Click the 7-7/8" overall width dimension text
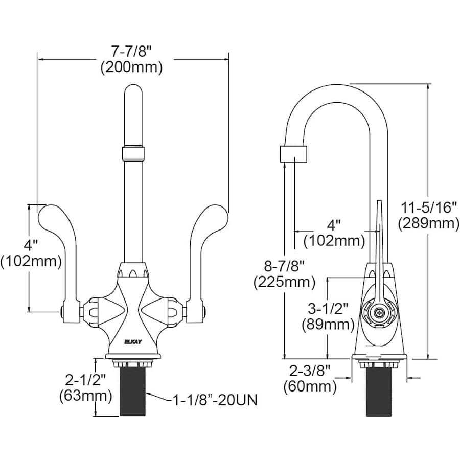pos(132,51)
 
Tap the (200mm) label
pos(132,67)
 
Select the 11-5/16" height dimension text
pos(428,207)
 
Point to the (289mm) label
pos(428,223)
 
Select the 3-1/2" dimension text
pos(327,308)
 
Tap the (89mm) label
pos(327,324)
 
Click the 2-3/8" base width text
pos(310,370)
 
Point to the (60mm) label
pos(310,386)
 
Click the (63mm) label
pos(85,395)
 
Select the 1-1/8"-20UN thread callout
pos(215,400)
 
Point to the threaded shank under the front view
pos(132,391)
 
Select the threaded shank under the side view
pos(379,391)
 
